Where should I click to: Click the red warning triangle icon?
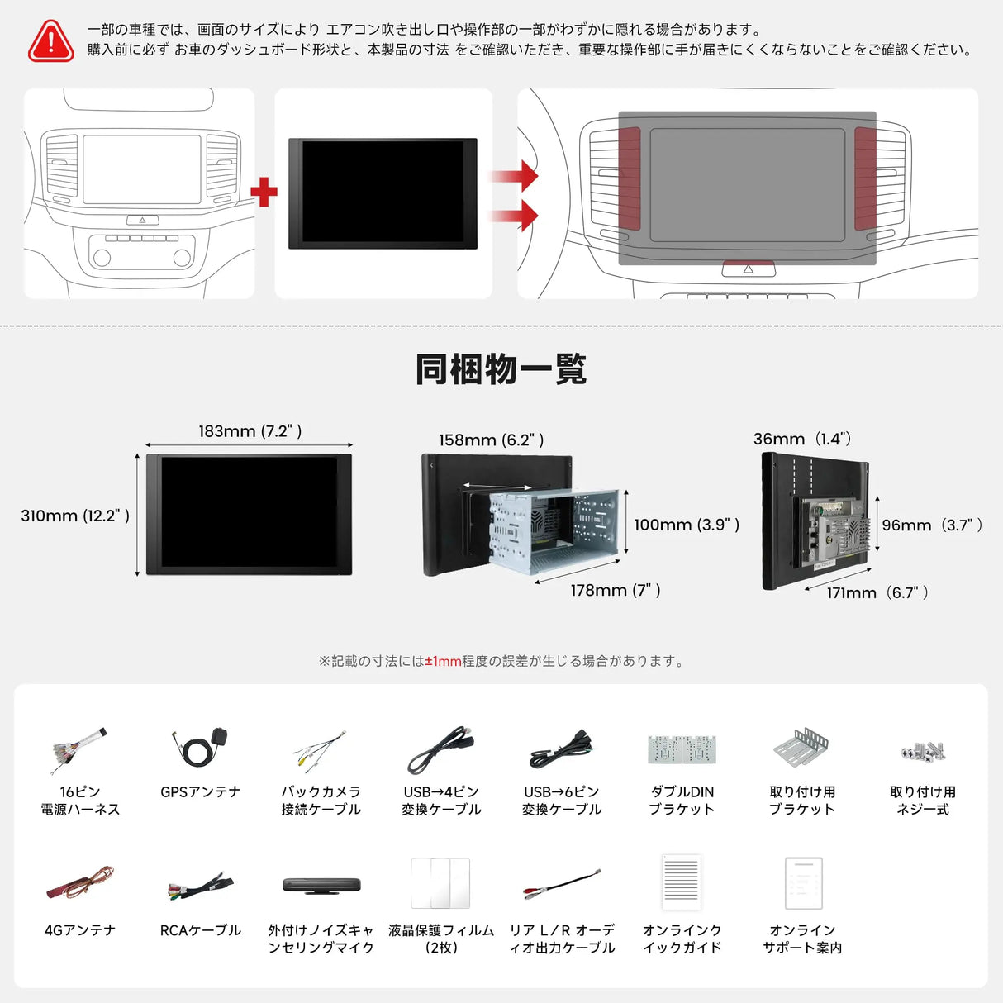[51, 41]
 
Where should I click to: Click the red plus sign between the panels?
[264, 192]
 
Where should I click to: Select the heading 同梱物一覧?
[501, 369]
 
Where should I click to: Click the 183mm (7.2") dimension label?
[250, 431]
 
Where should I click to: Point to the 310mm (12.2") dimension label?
[75, 516]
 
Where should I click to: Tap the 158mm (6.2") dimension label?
[491, 440]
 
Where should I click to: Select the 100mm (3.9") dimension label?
[686, 525]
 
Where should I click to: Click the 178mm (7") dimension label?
[616, 590]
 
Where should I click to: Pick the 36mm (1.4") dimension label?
[802, 439]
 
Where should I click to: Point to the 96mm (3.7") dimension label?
[932, 525]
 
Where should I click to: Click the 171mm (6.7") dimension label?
[877, 592]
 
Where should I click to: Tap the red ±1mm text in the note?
[443, 661]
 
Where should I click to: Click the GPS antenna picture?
[200, 747]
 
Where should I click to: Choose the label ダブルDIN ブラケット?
[682, 801]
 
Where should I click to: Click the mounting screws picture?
[923, 751]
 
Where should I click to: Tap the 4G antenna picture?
[79, 885]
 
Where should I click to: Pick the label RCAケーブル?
[200, 930]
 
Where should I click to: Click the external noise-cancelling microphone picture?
[321, 885]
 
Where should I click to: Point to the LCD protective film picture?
[440, 883]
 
